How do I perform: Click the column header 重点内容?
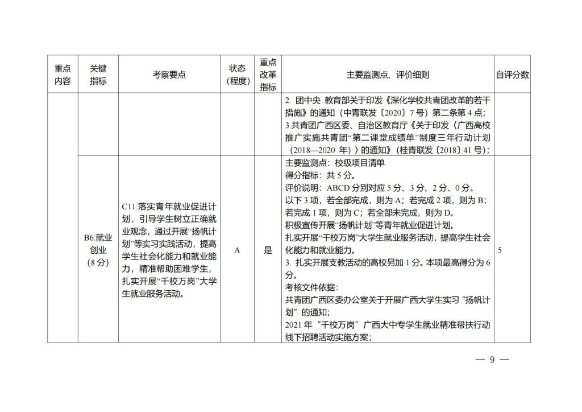(x=63, y=75)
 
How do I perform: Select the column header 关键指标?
(x=98, y=75)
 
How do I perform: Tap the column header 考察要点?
(x=169, y=75)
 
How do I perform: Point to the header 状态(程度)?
(x=238, y=75)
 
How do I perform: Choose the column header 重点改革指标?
(x=268, y=75)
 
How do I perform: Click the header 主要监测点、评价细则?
(x=388, y=75)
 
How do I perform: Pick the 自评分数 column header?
(x=512, y=75)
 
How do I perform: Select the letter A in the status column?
(x=238, y=250)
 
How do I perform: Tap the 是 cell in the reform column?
(x=268, y=250)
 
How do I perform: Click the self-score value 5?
(x=500, y=250)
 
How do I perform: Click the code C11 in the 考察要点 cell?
(x=129, y=206)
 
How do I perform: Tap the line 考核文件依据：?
(x=311, y=287)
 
